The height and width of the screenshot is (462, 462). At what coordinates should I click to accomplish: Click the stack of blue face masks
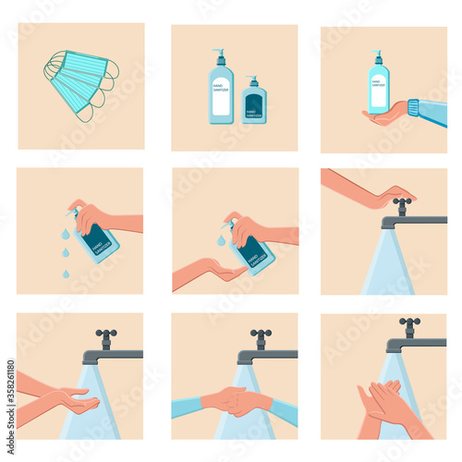[79, 84]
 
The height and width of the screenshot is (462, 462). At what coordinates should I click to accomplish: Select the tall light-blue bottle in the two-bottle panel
[221, 96]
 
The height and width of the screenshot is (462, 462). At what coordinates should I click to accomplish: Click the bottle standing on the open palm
[378, 85]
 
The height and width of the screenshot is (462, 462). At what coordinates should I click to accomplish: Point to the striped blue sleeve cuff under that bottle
[413, 111]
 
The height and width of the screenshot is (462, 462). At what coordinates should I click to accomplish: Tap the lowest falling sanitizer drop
[67, 273]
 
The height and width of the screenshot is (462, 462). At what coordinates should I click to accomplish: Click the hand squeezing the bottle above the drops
[92, 219]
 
